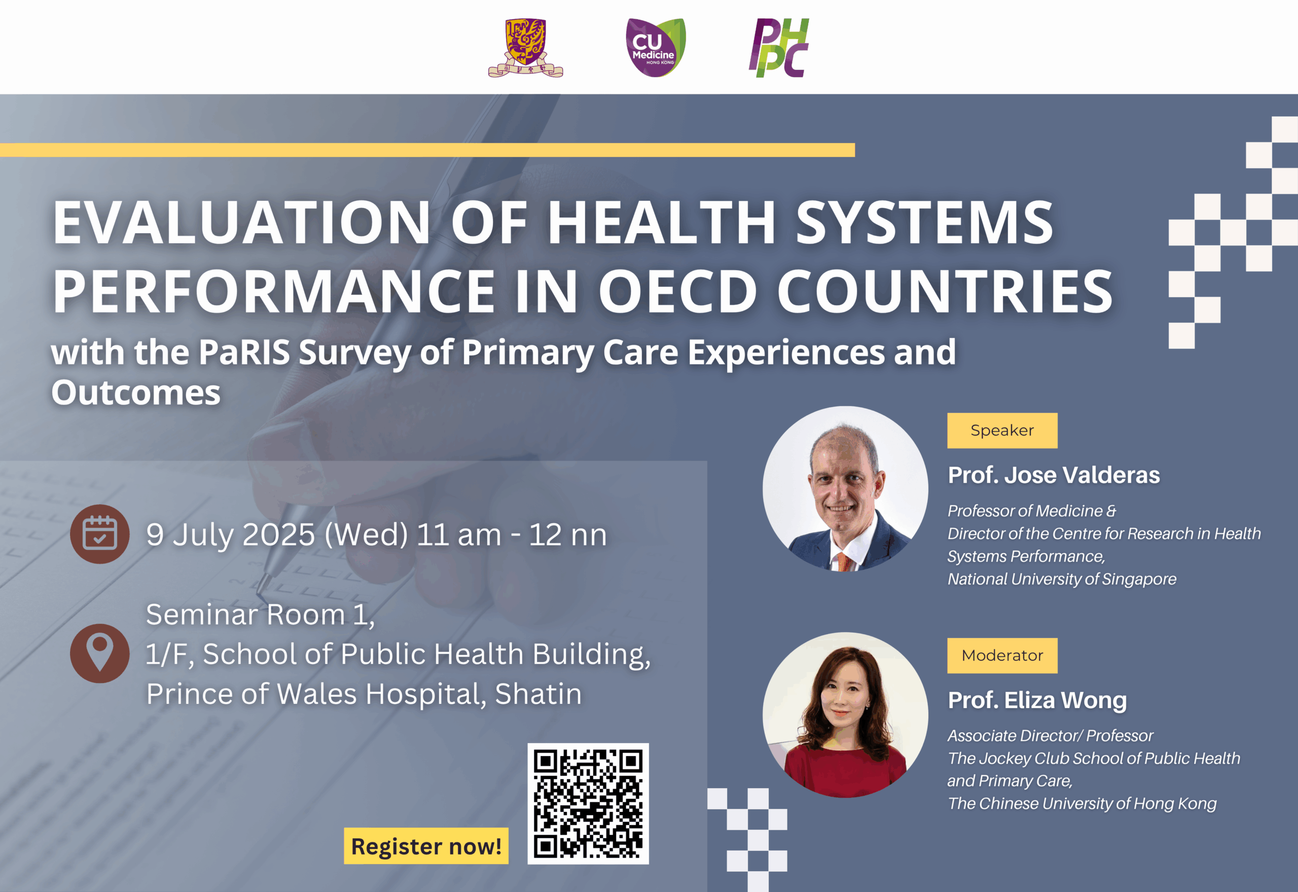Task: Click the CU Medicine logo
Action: tap(655, 48)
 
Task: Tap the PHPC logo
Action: tap(779, 48)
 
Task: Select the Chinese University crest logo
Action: tap(525, 48)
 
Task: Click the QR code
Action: tap(588, 803)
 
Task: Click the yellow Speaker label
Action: tap(1002, 430)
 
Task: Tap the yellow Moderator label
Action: tap(1002, 656)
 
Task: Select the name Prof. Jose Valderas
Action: tap(1054, 475)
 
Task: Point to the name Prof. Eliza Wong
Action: tap(1037, 700)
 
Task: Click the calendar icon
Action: tap(99, 534)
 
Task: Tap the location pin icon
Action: tap(99, 653)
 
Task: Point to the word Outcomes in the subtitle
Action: tap(136, 392)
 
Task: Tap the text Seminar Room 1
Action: tap(260, 615)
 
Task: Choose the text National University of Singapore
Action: tap(1062, 579)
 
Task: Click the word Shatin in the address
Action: tap(538, 694)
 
